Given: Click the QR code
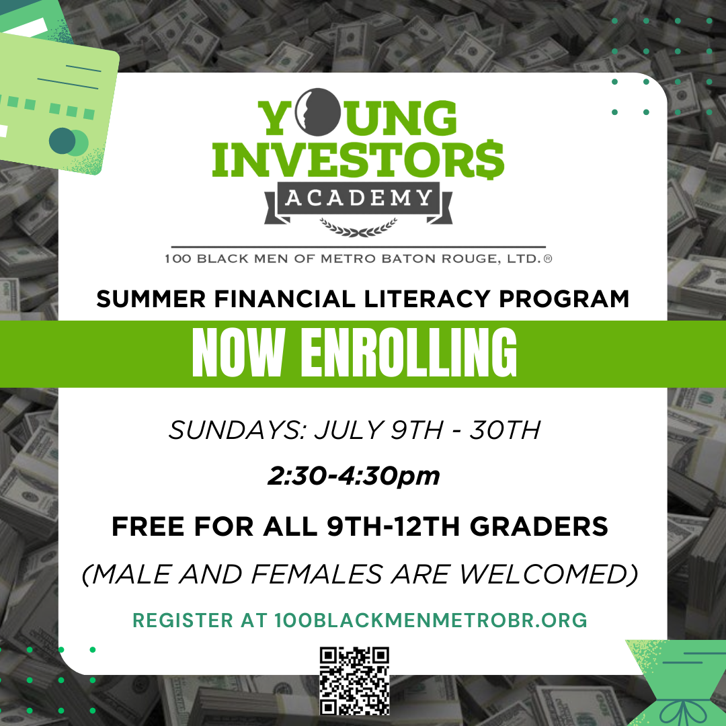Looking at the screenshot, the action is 355,681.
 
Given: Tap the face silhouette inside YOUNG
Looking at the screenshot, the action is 318,112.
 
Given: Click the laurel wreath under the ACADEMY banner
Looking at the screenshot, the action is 358,227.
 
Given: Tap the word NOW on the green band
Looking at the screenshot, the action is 238,353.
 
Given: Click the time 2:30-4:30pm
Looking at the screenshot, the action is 354,476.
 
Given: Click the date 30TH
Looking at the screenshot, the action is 505,430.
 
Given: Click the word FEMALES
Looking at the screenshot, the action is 317,574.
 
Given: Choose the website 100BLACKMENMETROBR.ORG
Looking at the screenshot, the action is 431,620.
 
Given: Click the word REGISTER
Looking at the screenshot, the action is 183,620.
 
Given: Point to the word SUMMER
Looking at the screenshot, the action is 151,298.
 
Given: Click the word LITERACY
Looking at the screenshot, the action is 427,298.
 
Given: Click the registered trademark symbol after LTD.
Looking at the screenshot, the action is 548,259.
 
